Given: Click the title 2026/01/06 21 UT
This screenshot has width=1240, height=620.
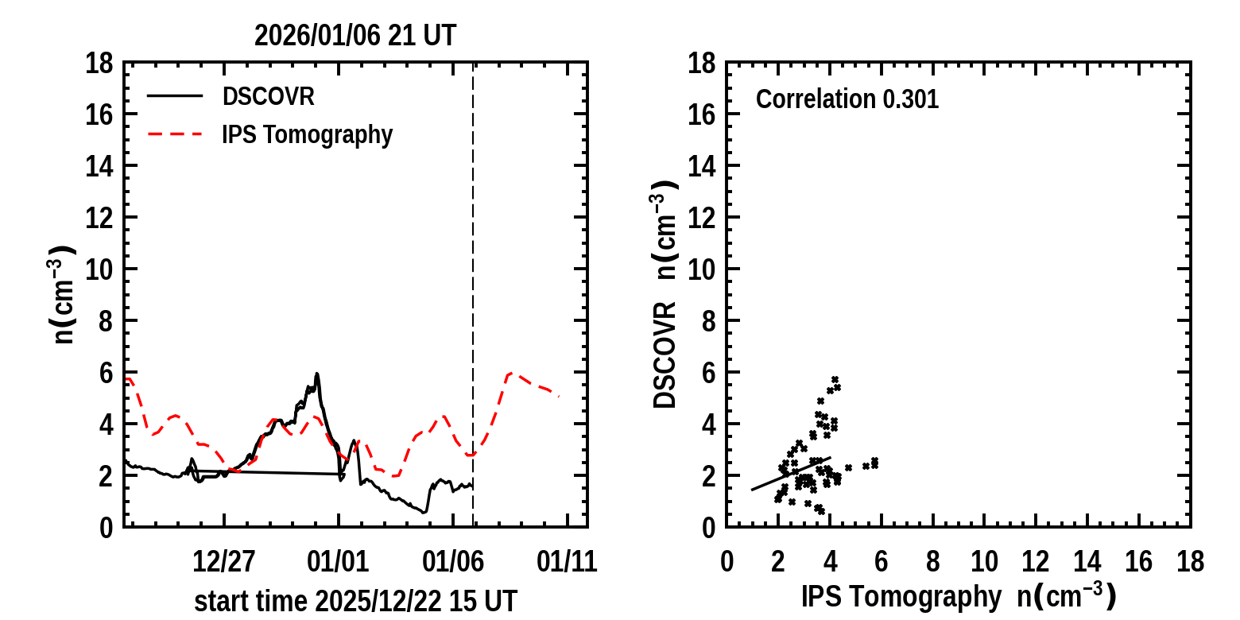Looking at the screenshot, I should click(355, 36).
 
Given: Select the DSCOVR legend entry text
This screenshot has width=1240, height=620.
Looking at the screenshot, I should click(268, 97).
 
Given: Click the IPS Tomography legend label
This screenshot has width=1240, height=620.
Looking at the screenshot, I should click(307, 135).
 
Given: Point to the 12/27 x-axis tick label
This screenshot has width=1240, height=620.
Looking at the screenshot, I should click(224, 562).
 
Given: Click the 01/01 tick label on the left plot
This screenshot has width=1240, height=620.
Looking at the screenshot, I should click(339, 562).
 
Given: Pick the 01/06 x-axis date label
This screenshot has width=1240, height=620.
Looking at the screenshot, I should click(453, 562).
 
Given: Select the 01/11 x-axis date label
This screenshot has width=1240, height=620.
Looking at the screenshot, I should click(568, 562).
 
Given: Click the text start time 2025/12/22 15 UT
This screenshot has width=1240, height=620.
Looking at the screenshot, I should click(355, 601).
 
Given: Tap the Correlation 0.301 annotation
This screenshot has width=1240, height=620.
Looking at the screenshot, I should click(847, 100).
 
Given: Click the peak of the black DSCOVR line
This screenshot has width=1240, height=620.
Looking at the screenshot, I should click(316, 374).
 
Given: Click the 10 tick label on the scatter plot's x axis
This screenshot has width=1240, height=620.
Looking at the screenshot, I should click(984, 562).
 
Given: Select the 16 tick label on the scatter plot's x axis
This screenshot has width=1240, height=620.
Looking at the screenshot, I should click(1139, 562).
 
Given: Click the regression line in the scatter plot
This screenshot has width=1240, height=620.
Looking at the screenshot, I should click(791, 474).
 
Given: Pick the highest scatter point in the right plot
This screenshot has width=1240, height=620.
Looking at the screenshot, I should click(835, 379).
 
